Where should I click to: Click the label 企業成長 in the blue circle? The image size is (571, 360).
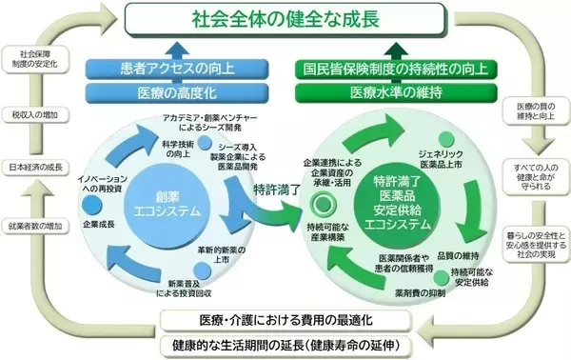98,225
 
